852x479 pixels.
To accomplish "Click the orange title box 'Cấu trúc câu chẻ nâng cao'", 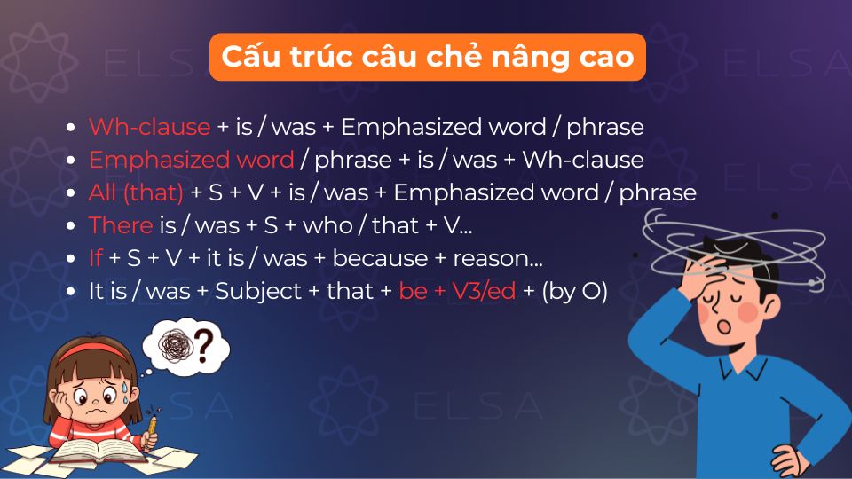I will [426, 57].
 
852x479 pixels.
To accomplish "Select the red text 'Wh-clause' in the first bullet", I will [149, 127].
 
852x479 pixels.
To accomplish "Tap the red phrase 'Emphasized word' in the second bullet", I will [191, 160].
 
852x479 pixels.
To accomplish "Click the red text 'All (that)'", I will [136, 192].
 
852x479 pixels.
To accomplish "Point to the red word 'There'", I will [121, 225].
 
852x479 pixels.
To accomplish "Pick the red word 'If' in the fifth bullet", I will [96, 258].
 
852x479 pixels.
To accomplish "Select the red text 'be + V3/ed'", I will [457, 291].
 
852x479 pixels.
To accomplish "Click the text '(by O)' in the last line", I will [574, 291].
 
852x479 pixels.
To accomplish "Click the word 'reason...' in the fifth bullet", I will [498, 258].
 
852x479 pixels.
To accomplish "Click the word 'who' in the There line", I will [327, 225].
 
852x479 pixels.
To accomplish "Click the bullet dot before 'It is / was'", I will [71, 292].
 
